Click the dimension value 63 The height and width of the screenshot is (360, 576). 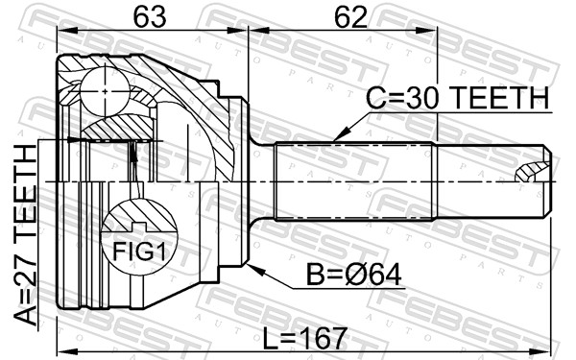coord(150,17)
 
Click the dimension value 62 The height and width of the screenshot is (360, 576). coord(350,17)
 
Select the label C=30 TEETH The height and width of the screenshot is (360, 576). coord(457,98)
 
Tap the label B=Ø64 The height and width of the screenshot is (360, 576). coord(353,275)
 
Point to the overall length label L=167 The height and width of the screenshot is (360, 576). coord(305,338)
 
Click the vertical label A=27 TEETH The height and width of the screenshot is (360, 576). coord(26,235)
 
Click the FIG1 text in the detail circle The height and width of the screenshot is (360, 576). coord(139,252)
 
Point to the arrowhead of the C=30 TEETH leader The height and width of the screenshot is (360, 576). coord(338,136)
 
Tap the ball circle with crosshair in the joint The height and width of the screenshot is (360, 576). coord(105,91)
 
